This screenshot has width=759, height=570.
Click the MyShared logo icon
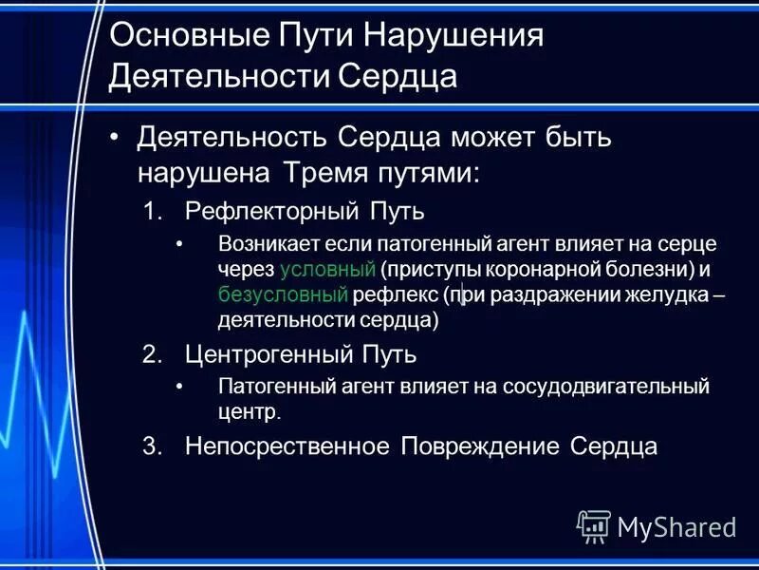594,526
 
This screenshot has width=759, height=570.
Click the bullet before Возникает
179,244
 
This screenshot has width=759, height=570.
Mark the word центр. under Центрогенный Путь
250,411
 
